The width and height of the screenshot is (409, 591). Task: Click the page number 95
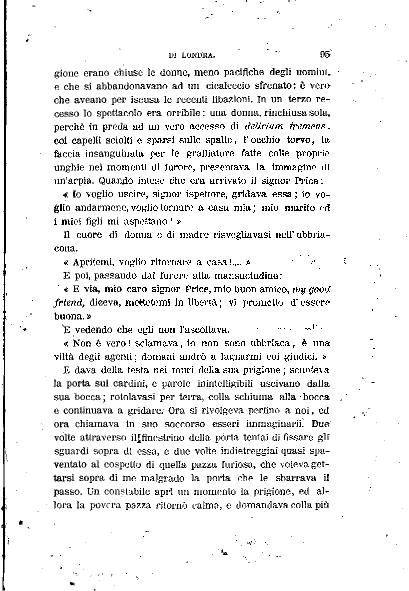pyautogui.click(x=325, y=55)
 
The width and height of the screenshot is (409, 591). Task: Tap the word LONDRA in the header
pyautogui.click(x=198, y=55)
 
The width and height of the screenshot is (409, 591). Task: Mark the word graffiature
pyautogui.click(x=210, y=153)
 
